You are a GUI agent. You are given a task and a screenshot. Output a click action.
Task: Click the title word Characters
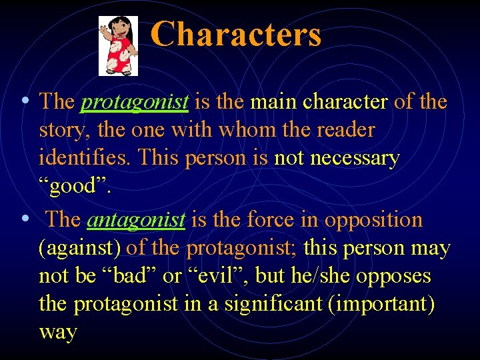(x=235, y=35)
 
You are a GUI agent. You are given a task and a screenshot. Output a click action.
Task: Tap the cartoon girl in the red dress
(x=118, y=46)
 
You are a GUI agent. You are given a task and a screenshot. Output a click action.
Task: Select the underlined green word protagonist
(x=135, y=102)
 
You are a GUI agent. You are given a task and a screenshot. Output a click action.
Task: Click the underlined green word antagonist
(x=136, y=220)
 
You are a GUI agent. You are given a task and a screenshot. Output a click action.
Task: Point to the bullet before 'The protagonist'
(x=24, y=101)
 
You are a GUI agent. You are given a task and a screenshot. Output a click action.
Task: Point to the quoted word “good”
(x=75, y=187)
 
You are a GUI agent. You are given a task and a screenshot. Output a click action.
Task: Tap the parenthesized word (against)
(x=80, y=249)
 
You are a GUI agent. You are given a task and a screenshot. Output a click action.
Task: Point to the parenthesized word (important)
(x=387, y=304)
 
